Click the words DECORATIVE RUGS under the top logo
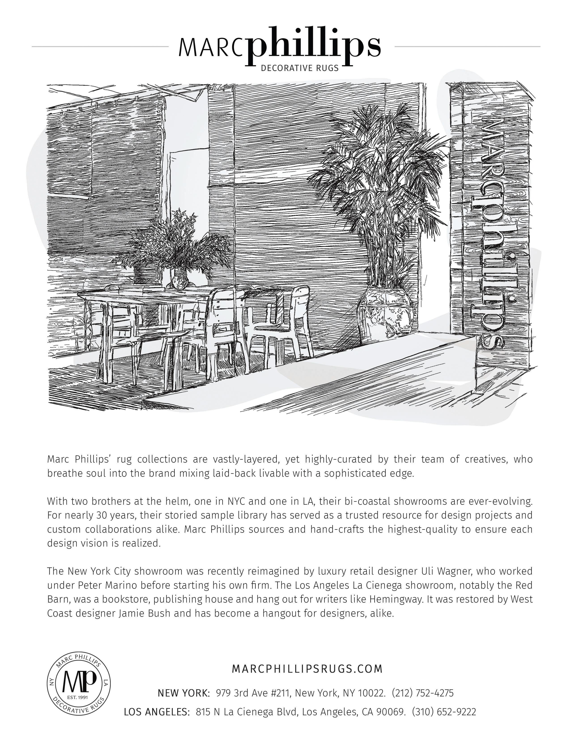[x=300, y=68]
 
